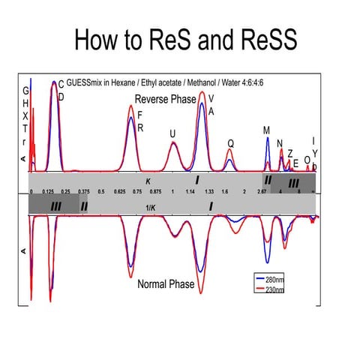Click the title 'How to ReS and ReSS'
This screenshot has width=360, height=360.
coord(180,40)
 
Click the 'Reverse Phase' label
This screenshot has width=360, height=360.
coord(165,99)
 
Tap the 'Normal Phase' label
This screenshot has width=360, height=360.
coord(165,284)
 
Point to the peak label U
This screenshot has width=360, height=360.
coord(172,133)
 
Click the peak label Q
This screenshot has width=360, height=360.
coord(231,142)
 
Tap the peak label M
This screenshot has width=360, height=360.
coord(266,130)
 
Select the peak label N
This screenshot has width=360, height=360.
coord(280,143)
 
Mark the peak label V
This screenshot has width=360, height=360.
coord(211,97)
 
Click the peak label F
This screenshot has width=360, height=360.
coord(140,115)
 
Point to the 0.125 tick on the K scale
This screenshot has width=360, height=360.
coord(48,192)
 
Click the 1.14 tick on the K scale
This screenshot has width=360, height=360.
coord(190,192)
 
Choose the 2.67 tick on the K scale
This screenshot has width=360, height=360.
coord(262,192)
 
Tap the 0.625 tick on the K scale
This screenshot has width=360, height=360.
coord(119,192)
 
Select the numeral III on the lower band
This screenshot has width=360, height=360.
coord(55,204)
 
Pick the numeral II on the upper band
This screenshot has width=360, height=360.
coord(267,181)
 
